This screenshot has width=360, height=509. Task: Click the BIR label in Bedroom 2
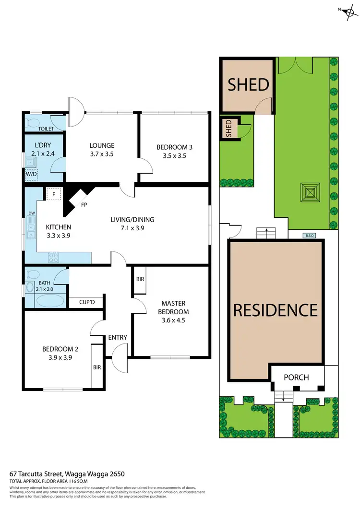pyautogui.click(x=97, y=367)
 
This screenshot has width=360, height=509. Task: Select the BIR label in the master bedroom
pyautogui.click(x=140, y=279)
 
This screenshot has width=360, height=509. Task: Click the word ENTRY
pyautogui.click(x=118, y=337)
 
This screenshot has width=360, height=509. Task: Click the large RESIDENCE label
pyautogui.click(x=276, y=309)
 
